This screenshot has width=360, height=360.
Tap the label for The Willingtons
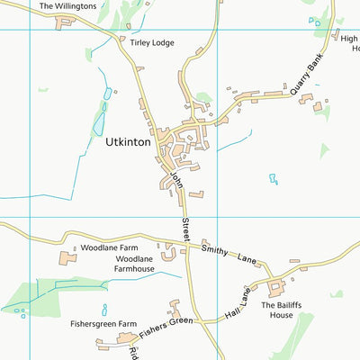click(67, 5)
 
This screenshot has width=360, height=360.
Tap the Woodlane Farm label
click(109, 247)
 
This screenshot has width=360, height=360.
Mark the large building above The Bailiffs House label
click(274, 288)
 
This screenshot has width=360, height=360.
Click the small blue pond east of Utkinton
click(273, 179)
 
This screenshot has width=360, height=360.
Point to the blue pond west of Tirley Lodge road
click(108, 94)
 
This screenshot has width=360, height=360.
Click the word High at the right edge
click(349, 39)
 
